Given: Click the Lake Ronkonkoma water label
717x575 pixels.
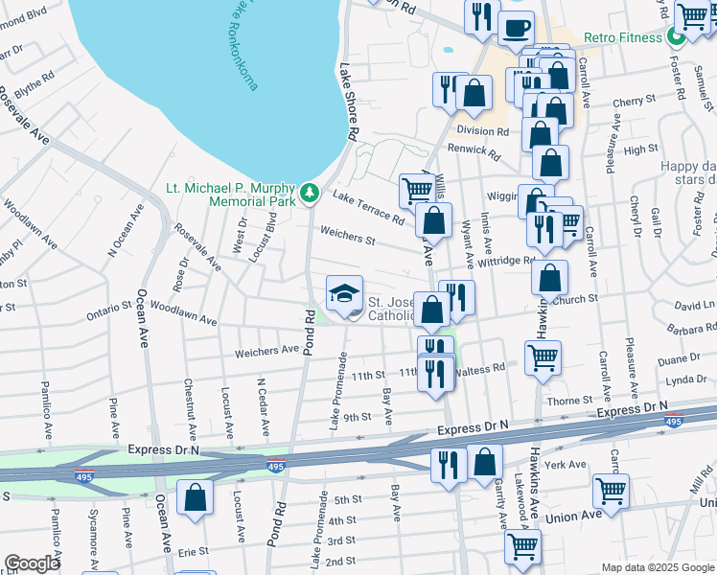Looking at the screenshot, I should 243,43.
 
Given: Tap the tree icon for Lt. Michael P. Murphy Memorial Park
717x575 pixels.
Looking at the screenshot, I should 310,194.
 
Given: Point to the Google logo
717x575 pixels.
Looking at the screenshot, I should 32,563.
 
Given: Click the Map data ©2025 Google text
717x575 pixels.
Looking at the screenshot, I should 657,567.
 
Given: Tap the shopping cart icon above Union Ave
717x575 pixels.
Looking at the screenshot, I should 612,491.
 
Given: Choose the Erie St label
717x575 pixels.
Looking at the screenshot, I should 193,552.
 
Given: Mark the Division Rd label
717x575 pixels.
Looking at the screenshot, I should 483,131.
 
